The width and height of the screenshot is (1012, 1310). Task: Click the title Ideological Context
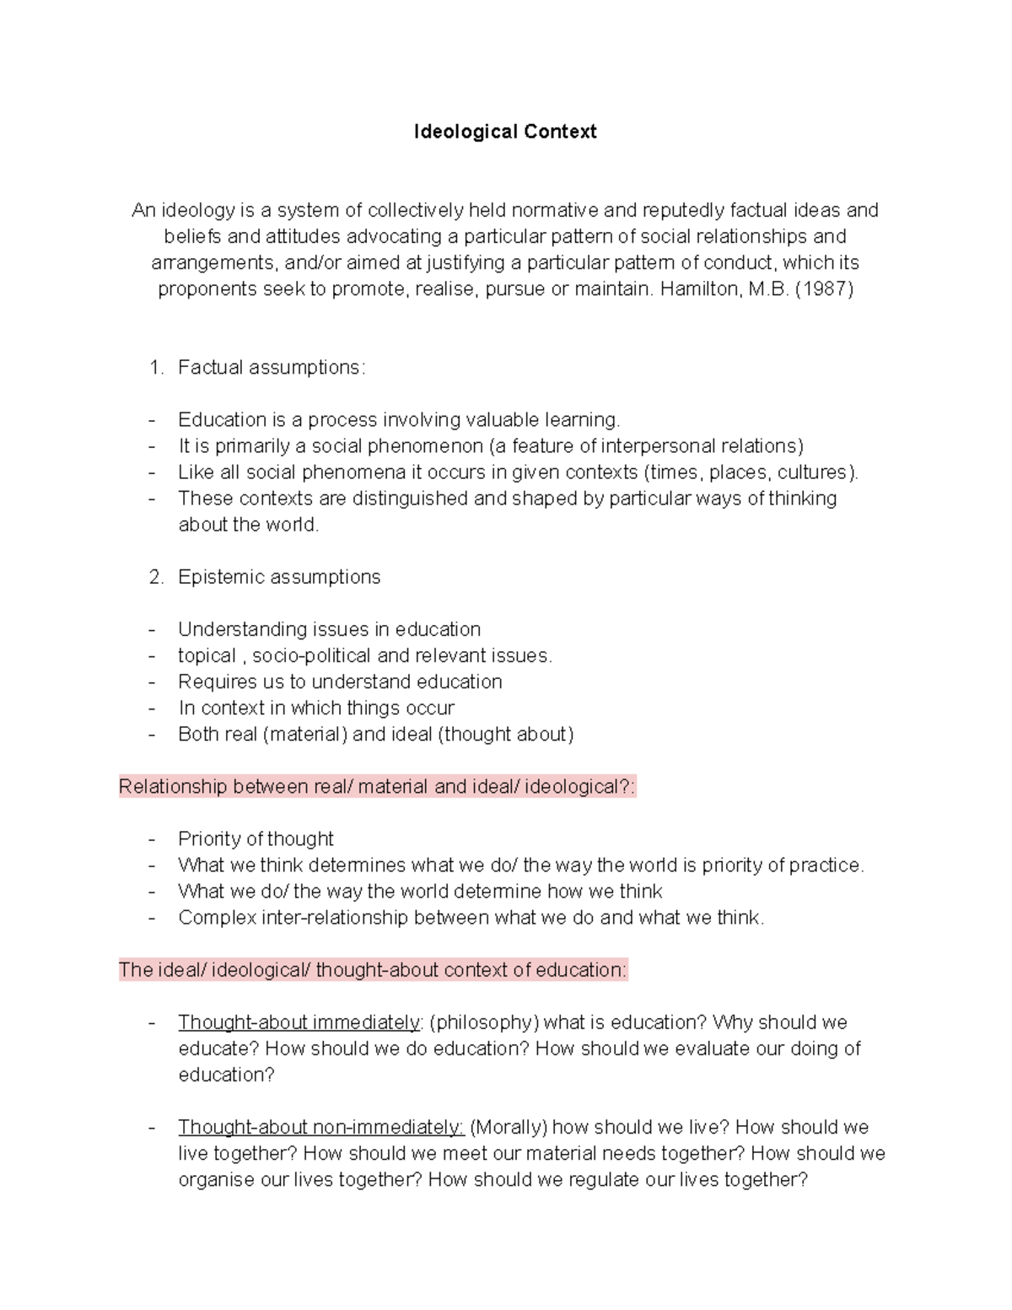505,132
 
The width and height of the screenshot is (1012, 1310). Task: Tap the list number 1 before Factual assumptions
153,368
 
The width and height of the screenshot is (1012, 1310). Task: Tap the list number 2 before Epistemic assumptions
154,577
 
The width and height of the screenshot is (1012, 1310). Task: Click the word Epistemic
217,577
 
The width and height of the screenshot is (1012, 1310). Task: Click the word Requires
213,682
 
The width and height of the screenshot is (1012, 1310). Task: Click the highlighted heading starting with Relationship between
377,787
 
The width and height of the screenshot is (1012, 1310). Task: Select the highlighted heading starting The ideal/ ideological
373,970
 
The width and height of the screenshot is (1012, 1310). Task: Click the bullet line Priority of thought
256,839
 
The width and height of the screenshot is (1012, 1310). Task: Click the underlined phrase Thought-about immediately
299,1022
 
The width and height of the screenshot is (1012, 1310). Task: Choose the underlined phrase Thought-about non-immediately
320,1127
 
